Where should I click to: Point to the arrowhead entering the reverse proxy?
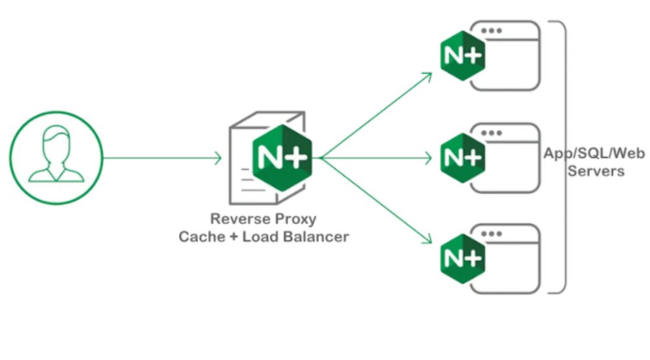[218, 157]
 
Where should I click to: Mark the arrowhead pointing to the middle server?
[429, 157]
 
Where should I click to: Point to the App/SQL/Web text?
[595, 154]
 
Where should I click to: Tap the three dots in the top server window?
[495, 31]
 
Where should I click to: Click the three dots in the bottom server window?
[495, 233]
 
